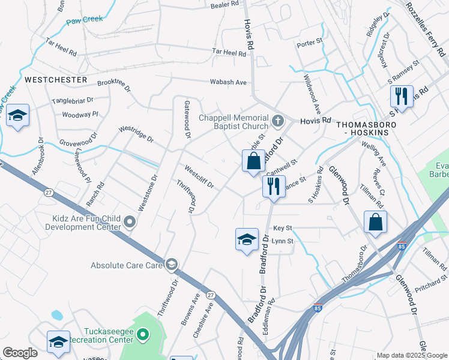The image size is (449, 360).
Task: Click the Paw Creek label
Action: click(x=85, y=20)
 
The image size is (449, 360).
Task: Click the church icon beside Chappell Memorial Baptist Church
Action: click(x=277, y=121)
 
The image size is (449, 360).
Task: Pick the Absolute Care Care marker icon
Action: click(x=172, y=265)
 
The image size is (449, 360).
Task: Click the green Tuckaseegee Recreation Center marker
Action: click(x=143, y=334)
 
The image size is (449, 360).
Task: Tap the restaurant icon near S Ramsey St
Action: click(x=400, y=96)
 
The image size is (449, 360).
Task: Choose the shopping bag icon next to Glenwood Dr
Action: click(x=375, y=221)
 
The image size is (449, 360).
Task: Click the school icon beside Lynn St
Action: click(x=247, y=239)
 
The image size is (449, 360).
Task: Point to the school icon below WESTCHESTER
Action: click(x=18, y=115)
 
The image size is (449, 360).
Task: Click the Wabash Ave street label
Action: click(x=228, y=82)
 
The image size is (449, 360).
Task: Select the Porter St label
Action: click(x=310, y=45)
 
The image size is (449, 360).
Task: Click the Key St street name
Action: click(x=282, y=229)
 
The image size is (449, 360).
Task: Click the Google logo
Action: click(x=20, y=353)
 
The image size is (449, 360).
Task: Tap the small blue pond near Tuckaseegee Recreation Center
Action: click(x=57, y=314)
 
